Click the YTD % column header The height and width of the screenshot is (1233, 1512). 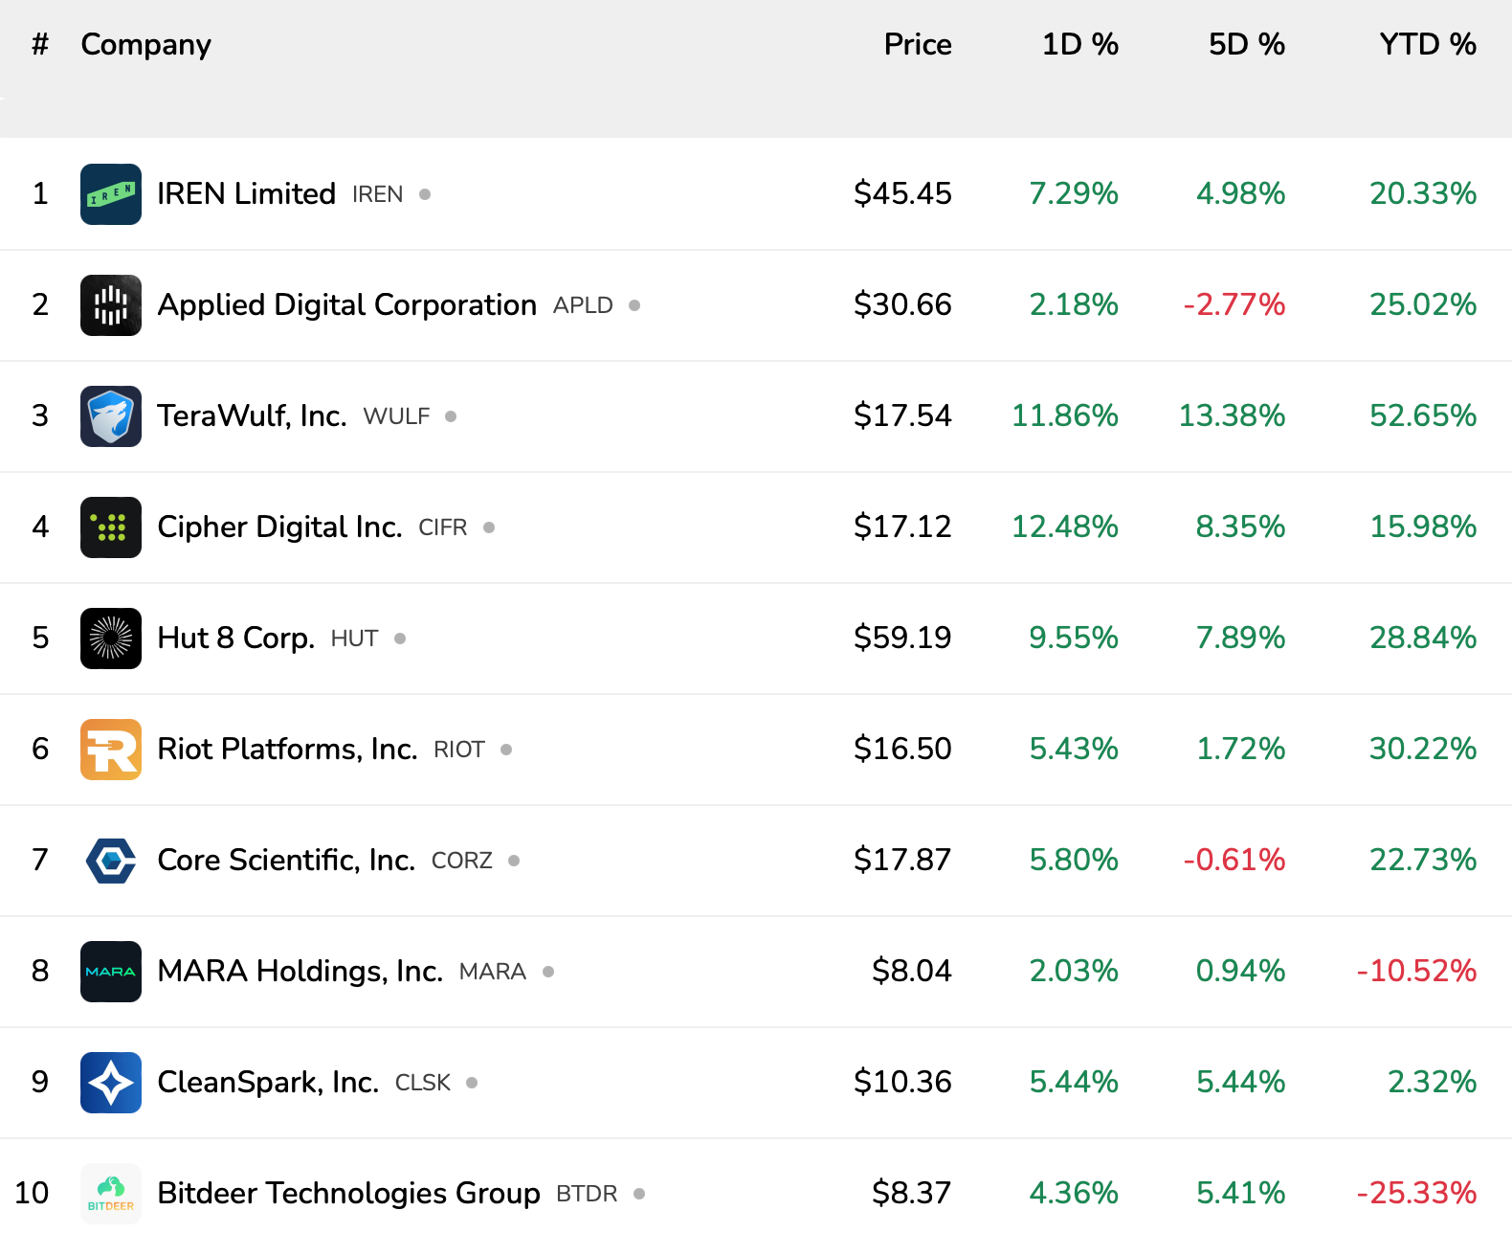(1427, 44)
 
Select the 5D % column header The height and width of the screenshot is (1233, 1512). (1246, 44)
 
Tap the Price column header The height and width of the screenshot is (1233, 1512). (917, 44)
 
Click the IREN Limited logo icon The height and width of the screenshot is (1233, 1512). (111, 194)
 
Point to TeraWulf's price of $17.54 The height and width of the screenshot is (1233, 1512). (902, 415)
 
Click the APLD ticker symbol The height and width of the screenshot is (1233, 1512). (583, 305)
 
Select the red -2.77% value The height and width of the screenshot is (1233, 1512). (1234, 304)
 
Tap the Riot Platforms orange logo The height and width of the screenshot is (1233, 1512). (111, 750)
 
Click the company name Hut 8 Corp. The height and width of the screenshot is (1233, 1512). (235, 638)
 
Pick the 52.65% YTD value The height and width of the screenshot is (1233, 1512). (1422, 415)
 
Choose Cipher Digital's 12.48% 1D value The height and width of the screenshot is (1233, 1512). (1064, 527)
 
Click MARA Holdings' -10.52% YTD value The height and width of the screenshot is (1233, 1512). (1416, 971)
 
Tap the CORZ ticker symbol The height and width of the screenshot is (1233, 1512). (462, 861)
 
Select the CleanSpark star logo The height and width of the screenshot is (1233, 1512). (111, 1083)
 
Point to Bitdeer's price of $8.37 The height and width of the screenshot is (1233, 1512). (911, 1193)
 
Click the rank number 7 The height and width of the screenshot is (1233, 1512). (40, 860)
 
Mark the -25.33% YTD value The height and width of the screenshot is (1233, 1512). (1416, 1193)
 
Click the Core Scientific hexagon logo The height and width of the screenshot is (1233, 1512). (111, 861)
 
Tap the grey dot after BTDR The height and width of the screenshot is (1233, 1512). (639, 1194)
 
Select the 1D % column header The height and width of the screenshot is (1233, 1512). (1079, 44)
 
